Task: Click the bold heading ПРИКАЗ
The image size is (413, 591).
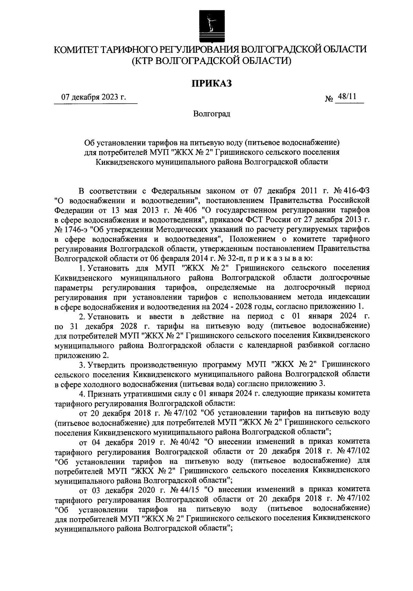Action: pos(211,83)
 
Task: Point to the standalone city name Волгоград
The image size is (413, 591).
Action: pos(212,114)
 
